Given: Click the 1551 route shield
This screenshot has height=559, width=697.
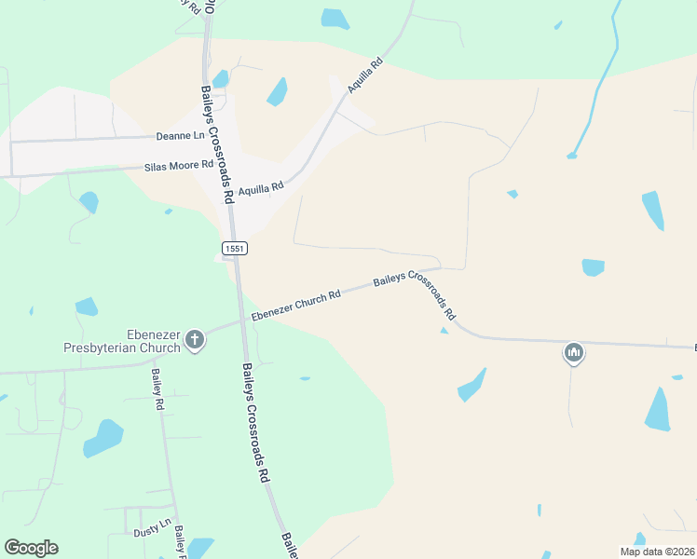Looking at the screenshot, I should click(233, 247).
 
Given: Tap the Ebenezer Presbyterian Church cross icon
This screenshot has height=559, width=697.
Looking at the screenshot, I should click(195, 339).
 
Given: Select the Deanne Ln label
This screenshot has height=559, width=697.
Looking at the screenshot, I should click(180, 136).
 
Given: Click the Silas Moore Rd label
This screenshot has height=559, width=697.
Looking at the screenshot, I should click(179, 167).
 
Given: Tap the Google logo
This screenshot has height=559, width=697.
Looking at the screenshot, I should click(31, 548).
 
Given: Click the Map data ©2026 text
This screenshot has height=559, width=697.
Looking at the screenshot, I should click(657, 552).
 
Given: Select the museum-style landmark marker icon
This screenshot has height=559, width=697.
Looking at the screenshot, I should click(573, 353).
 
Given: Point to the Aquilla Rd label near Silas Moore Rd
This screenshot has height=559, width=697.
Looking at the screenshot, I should click(260, 189).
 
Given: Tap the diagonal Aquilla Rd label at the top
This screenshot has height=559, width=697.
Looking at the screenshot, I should click(365, 75).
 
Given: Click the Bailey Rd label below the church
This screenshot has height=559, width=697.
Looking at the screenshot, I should click(157, 390).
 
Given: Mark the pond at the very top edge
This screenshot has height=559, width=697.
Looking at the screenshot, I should click(335, 18).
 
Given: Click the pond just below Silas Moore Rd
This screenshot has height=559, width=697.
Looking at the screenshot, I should click(89, 201).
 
